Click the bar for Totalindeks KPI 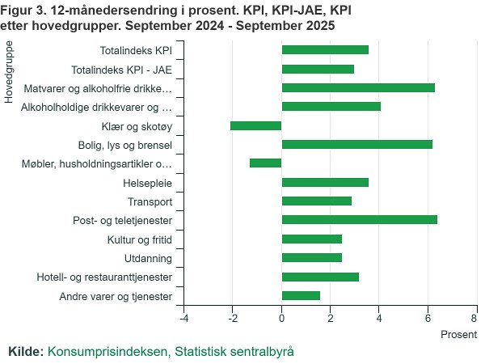325,50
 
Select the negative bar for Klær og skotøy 256,125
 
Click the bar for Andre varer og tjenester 301,295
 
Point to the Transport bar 317,201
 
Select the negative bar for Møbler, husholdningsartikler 266,163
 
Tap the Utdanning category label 148,259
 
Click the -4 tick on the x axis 184,318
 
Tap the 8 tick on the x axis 474,318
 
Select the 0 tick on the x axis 281,318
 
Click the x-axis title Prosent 459,334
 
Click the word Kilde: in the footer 25,352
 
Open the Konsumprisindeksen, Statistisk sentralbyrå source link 171,352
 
